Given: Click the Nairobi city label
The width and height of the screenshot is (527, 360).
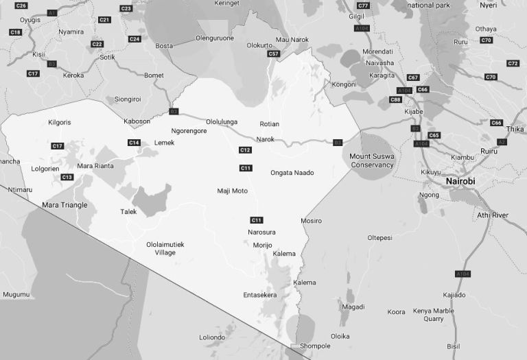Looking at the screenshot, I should pyautogui.click(x=460, y=181).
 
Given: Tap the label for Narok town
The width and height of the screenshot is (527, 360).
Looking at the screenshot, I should pyautogui.click(x=265, y=139).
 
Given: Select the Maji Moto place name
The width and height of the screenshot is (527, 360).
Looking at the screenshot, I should pyautogui.click(x=232, y=191).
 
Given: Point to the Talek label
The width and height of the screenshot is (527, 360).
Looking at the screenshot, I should pyautogui.click(x=128, y=212).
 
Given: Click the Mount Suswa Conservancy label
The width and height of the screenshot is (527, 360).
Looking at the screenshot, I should pyautogui.click(x=372, y=160).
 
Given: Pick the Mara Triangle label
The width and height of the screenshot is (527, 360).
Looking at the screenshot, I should pyautogui.click(x=65, y=205).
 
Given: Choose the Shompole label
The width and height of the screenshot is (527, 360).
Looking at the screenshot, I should pyautogui.click(x=315, y=346).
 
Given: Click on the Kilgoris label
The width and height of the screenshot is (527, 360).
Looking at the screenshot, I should pyautogui.click(x=60, y=123).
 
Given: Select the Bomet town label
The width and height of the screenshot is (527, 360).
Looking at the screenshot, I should pyautogui.click(x=154, y=75).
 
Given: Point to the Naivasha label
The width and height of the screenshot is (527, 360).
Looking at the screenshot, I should pyautogui.click(x=380, y=63).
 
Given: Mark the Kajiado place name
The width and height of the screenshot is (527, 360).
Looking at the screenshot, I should pyautogui.click(x=454, y=295).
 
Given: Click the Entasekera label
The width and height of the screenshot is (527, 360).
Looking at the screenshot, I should pyautogui.click(x=260, y=295).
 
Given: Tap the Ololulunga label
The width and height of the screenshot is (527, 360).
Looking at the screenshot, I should pyautogui.click(x=222, y=122).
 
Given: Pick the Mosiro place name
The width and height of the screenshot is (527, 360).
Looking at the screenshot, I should pyautogui.click(x=311, y=221).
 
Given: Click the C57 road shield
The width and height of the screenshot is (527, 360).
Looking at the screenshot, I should pyautogui.click(x=274, y=53).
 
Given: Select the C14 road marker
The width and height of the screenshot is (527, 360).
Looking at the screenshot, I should pyautogui.click(x=134, y=143).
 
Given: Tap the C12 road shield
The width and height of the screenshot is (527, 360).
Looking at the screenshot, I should pyautogui.click(x=245, y=150).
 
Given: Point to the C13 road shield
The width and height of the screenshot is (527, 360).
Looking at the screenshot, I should pyautogui.click(x=67, y=178).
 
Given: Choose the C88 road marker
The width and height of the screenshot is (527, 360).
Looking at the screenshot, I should pyautogui.click(x=395, y=100).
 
